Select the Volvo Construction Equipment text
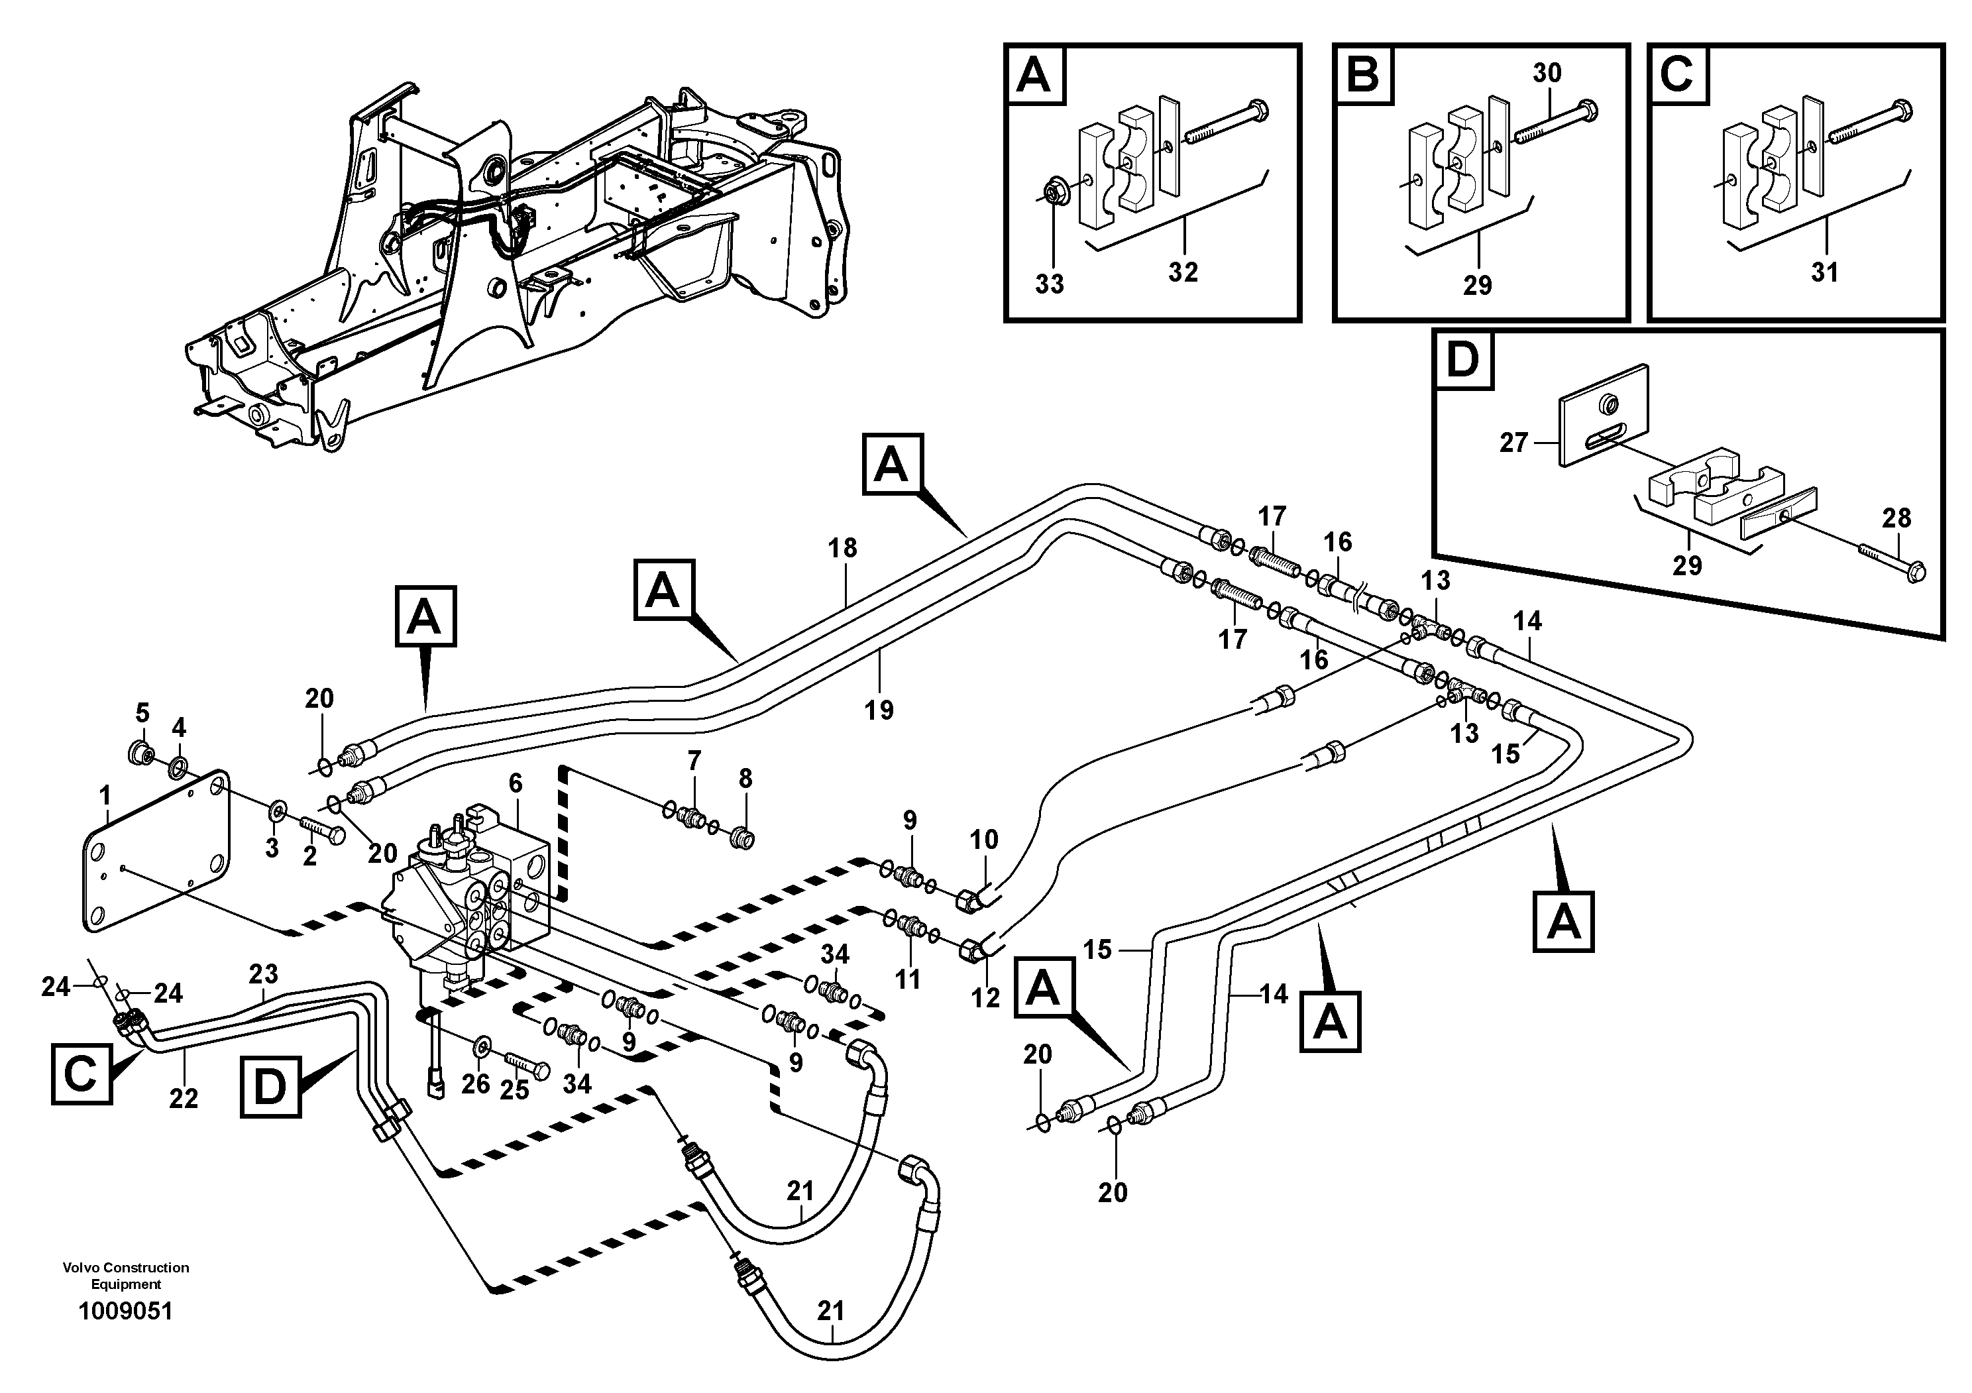tap(125, 1275)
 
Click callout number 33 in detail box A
tap(1049, 284)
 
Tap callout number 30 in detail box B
tap(1546, 73)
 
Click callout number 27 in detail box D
tap(1513, 443)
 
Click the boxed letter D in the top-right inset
tap(1462, 360)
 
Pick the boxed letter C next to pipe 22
tap(82, 1074)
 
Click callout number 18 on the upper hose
tap(843, 548)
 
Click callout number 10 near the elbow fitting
tap(984, 839)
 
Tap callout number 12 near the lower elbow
tap(985, 997)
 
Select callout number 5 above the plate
tap(142, 713)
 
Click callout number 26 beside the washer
tap(476, 1084)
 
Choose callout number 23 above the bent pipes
tap(264, 974)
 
